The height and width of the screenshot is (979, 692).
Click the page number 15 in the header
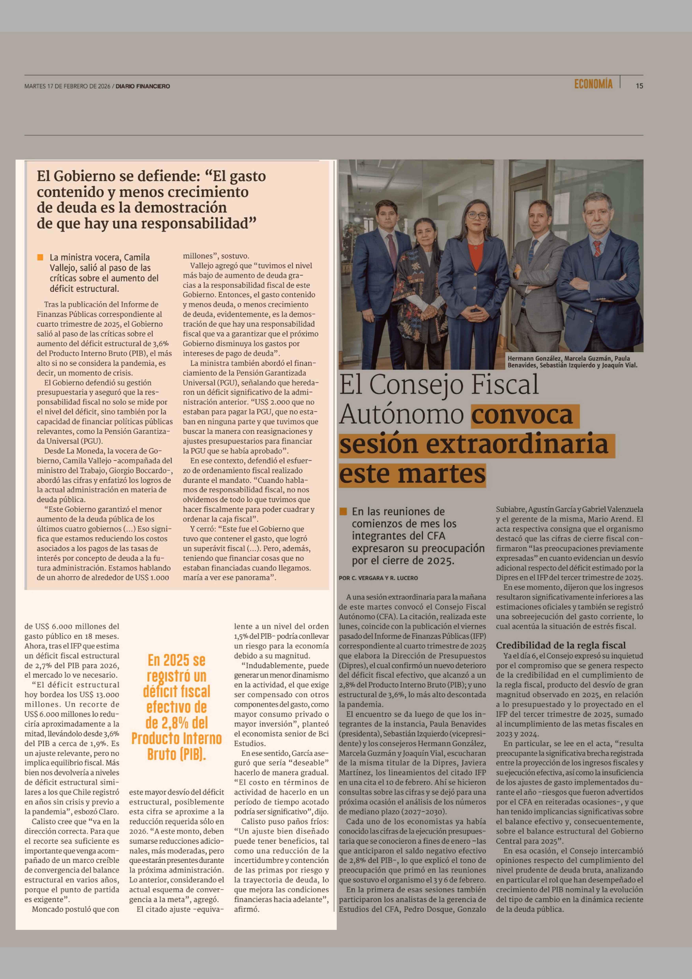[x=639, y=86]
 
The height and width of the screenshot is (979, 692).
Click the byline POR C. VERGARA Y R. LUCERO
[x=378, y=578]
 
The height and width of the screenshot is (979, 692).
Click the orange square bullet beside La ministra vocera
[x=40, y=257]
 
